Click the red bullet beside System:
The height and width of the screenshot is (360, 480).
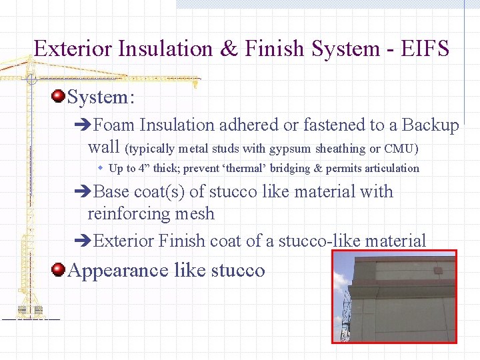pos(58,97)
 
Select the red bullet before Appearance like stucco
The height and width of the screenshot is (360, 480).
pos(58,269)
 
